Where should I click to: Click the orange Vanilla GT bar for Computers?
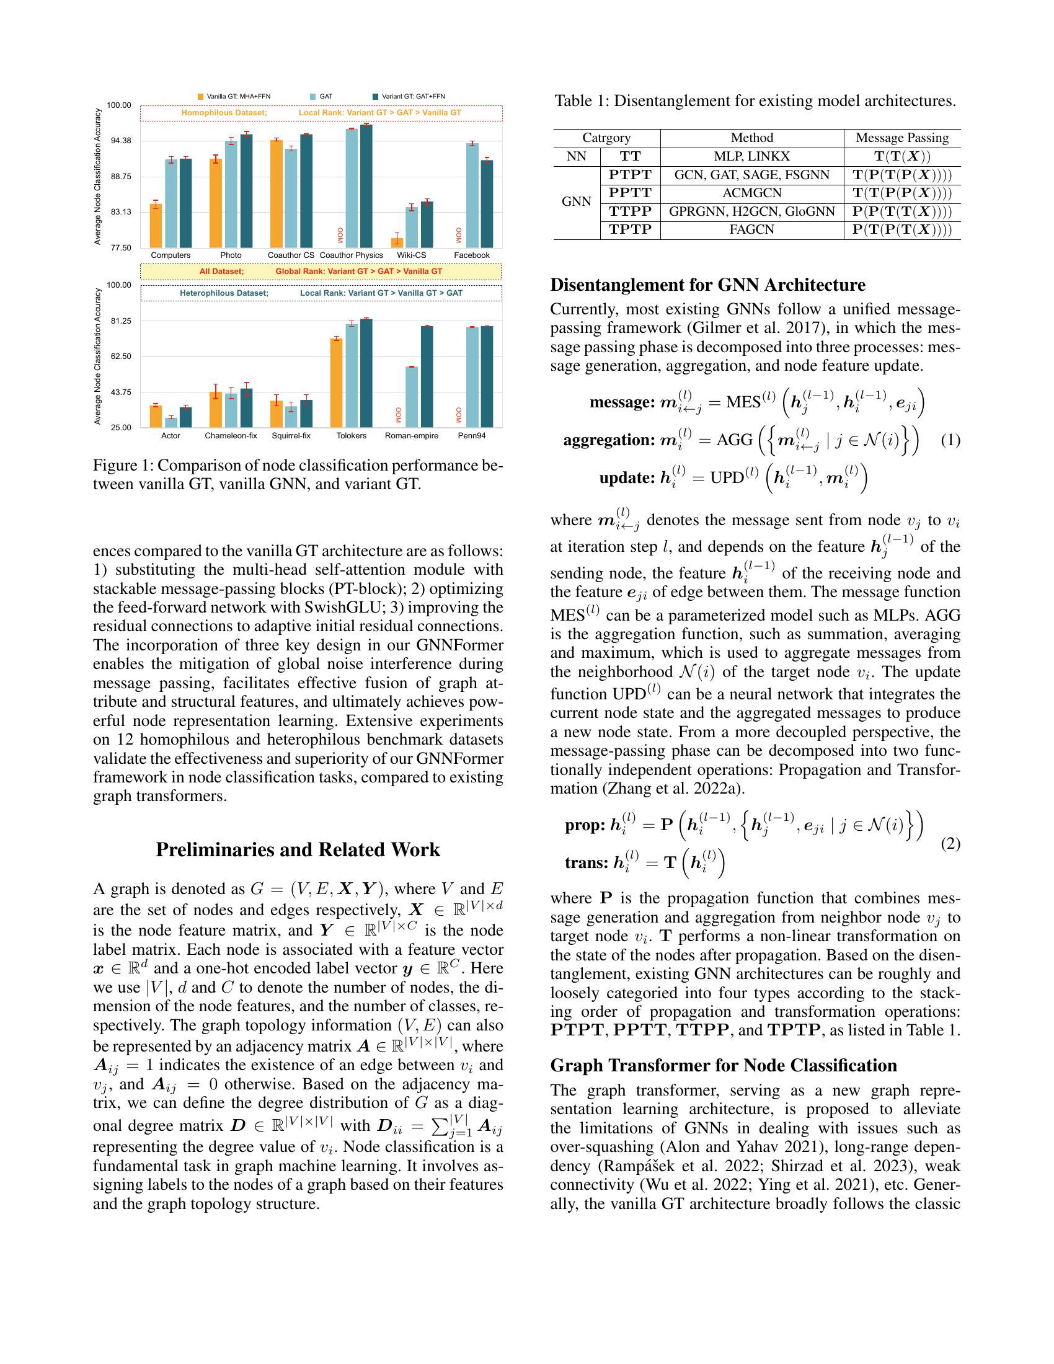(x=156, y=226)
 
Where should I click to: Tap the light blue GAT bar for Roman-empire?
(x=412, y=397)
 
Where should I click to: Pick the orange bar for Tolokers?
(x=336, y=383)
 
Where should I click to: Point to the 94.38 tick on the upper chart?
(x=118, y=141)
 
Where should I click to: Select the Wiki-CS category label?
(x=412, y=255)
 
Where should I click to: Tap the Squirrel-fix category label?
(x=291, y=435)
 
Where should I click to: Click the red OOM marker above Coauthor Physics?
(x=340, y=236)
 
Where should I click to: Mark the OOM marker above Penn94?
(x=459, y=415)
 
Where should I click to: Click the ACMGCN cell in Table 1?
(x=752, y=193)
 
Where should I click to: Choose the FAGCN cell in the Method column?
(x=752, y=230)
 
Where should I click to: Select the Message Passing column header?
(x=901, y=138)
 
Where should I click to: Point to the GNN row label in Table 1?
(x=577, y=201)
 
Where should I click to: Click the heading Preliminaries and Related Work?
(x=298, y=850)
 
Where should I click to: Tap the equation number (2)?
(x=950, y=844)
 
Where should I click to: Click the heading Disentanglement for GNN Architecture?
(x=707, y=285)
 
